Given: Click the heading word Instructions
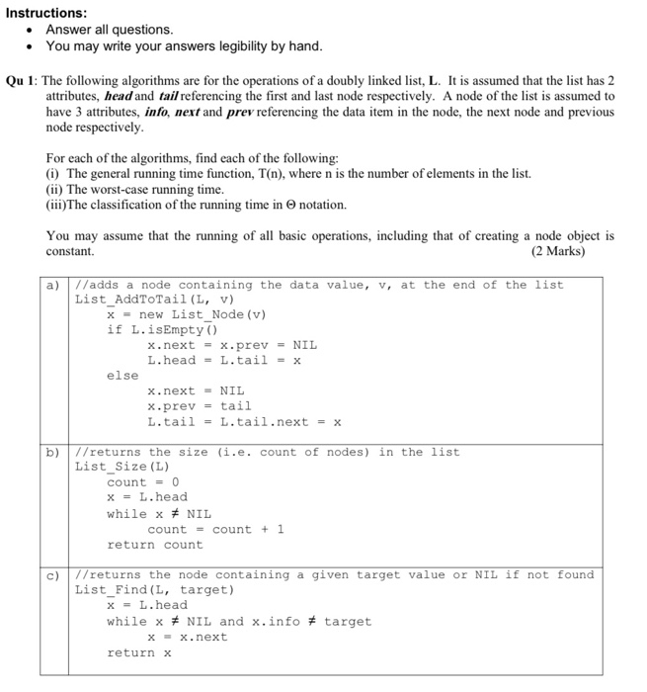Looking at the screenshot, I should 44,13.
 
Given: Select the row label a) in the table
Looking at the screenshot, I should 55,285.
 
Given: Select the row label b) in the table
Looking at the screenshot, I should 55,452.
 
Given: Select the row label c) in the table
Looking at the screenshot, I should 55,574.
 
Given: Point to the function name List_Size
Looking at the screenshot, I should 113,467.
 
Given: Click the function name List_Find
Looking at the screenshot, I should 113,589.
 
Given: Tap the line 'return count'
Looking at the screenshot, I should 154,545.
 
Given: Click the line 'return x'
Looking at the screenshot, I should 138,652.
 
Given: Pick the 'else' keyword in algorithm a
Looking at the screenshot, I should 122,376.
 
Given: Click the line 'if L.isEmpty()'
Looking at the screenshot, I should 162,330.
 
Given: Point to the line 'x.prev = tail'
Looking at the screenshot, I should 199,406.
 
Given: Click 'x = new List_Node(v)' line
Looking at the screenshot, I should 187,314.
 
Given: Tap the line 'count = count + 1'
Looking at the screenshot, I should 214,529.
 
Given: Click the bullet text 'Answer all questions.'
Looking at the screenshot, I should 109,30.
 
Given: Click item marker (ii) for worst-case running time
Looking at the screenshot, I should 55,189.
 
